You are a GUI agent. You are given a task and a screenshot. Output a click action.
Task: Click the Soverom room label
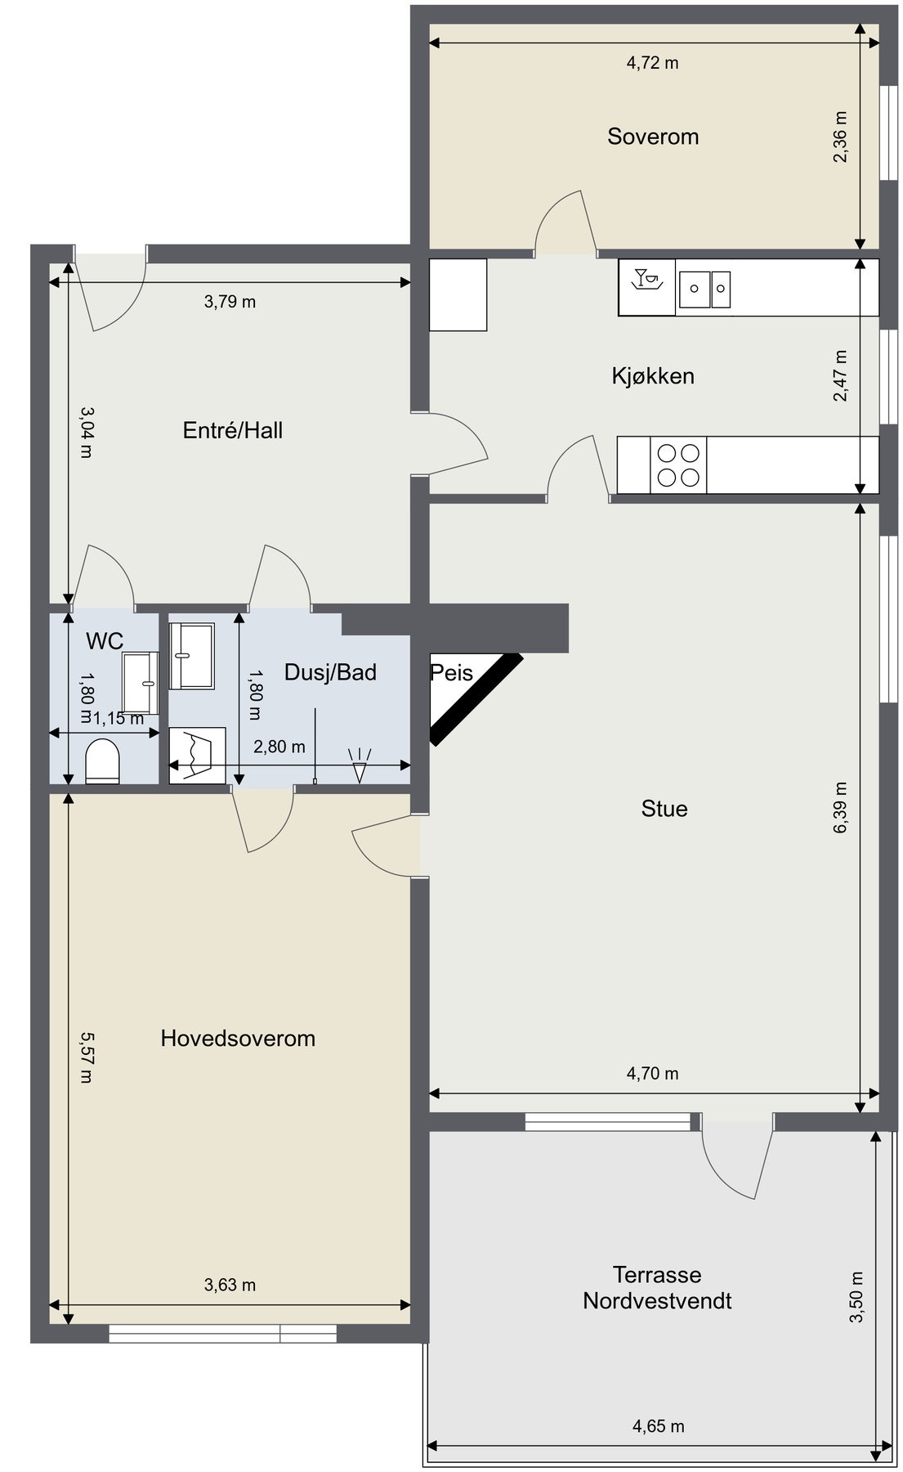tap(653, 137)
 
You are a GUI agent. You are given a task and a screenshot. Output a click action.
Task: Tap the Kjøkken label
tap(653, 376)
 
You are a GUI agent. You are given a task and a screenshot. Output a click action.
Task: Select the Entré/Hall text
tap(233, 430)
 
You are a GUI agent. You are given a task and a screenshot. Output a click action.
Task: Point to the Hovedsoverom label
tap(238, 1039)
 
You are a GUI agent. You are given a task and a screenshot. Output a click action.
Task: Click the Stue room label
tap(664, 809)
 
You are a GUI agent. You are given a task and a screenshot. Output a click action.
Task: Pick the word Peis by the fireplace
tap(452, 673)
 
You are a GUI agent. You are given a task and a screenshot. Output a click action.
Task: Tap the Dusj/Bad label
tap(330, 672)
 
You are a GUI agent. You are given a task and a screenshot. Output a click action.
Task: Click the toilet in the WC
tap(103, 761)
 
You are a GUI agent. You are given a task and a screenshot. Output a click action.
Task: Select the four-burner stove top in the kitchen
tap(678, 465)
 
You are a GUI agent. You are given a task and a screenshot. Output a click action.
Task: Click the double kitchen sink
tap(704, 289)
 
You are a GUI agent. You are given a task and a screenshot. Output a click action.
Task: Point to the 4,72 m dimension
tap(653, 63)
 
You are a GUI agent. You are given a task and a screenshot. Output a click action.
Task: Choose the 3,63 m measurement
tap(230, 1286)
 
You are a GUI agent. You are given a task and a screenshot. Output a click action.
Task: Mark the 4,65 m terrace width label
tap(659, 1427)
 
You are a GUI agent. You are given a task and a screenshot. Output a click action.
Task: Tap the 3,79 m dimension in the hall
tap(230, 302)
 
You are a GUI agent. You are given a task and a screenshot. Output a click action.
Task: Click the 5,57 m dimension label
tap(87, 1058)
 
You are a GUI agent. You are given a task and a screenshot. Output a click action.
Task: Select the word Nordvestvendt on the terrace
tap(657, 1301)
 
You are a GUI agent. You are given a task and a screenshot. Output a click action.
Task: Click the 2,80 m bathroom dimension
tap(279, 747)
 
